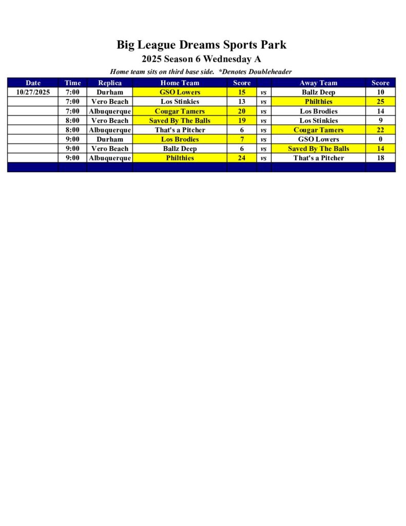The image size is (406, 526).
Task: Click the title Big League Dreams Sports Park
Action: [201, 45]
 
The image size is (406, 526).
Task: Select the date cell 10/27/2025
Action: [33, 92]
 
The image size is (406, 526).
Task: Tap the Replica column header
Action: [109, 83]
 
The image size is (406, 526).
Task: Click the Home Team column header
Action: [180, 83]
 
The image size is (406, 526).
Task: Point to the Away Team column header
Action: [318, 83]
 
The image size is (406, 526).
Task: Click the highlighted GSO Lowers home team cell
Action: [180, 92]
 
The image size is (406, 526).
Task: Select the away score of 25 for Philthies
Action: [380, 102]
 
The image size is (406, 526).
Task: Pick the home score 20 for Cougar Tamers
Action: [241, 111]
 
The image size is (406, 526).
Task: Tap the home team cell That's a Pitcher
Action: [180, 130]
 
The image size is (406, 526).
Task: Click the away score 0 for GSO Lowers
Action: [380, 139]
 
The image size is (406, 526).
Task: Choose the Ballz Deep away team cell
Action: [318, 92]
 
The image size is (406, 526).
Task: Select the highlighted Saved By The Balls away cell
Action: [318, 148]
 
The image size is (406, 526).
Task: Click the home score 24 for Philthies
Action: [241, 158]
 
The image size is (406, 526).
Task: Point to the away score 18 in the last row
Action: [380, 158]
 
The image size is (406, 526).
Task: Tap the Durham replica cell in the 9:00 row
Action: [109, 139]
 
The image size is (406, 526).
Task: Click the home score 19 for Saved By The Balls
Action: [241, 121]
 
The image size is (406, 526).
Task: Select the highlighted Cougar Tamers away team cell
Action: [318, 130]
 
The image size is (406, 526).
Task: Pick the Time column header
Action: [72, 83]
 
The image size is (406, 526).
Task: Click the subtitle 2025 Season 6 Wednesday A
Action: [201, 59]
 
